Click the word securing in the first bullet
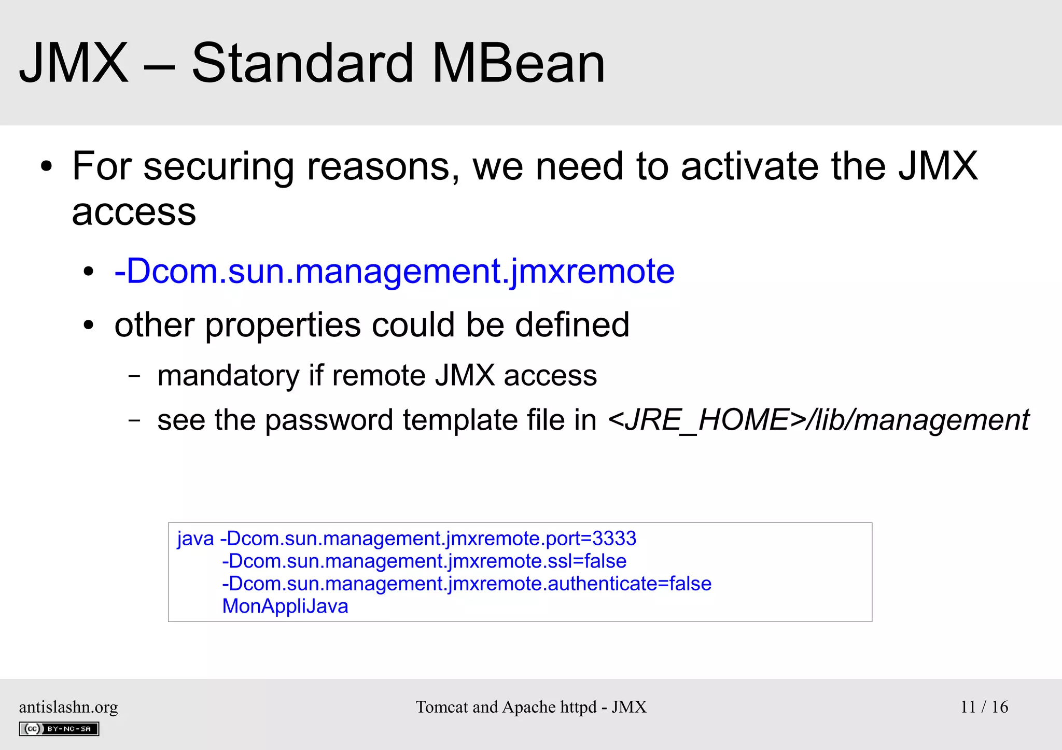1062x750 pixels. [x=218, y=167]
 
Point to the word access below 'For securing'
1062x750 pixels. [x=134, y=213]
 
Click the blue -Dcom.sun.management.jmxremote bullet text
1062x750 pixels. [x=394, y=271]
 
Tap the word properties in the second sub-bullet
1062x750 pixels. [x=283, y=326]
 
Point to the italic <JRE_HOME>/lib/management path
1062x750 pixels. [x=818, y=420]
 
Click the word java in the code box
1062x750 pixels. [x=195, y=539]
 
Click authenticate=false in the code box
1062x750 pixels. [x=630, y=584]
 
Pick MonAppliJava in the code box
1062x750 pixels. [x=285, y=606]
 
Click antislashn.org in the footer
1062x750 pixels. [x=68, y=707]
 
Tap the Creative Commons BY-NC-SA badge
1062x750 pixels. [x=59, y=729]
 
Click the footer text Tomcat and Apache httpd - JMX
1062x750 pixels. [x=531, y=707]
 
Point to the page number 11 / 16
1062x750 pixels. [x=984, y=707]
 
